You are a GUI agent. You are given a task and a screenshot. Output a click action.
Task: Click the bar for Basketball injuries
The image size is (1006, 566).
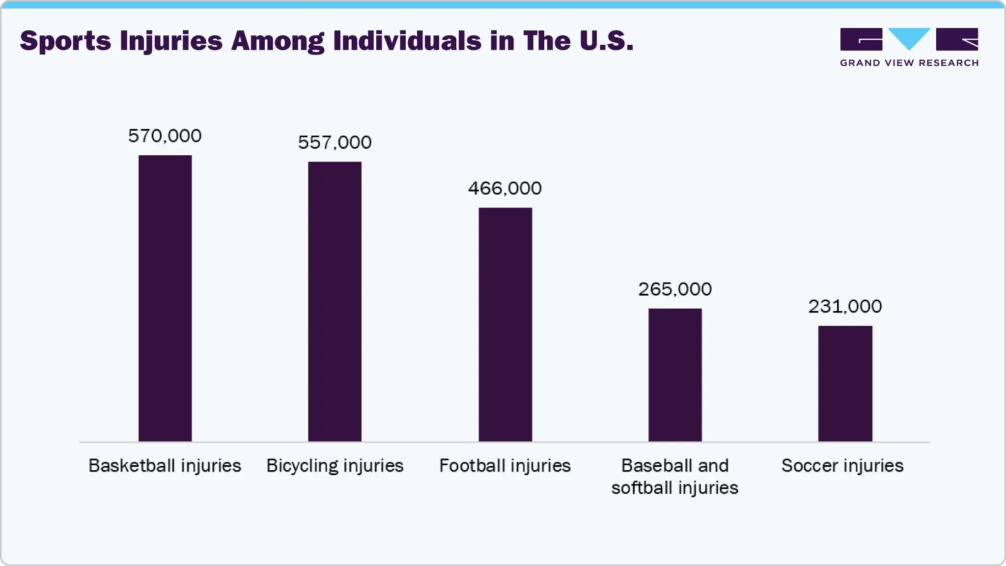[x=165, y=298]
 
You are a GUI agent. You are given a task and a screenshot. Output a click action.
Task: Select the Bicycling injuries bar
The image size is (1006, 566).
[x=335, y=302]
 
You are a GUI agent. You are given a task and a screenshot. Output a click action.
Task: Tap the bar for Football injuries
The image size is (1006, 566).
[x=505, y=324]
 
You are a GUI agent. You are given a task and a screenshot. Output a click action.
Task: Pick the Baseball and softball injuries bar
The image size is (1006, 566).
[x=675, y=375]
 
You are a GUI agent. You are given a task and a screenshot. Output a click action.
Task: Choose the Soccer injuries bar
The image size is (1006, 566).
[x=845, y=383]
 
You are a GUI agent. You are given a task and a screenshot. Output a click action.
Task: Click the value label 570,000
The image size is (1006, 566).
[x=165, y=136]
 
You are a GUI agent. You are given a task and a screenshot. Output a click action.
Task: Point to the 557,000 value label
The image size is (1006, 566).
[x=335, y=142]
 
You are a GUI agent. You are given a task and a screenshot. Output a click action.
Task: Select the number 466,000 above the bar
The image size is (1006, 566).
[x=505, y=188]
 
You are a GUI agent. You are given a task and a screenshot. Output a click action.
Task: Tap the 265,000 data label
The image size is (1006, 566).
[x=675, y=289]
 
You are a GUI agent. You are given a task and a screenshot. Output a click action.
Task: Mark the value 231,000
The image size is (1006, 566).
[x=845, y=307]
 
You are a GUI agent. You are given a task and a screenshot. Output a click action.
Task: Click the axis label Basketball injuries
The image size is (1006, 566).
[x=165, y=466]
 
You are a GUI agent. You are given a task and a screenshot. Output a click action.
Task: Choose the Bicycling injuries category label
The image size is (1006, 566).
[x=335, y=466]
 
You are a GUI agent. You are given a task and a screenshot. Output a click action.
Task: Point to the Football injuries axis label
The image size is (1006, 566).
[x=505, y=466]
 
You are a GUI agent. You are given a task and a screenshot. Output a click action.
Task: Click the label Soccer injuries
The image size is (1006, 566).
[x=842, y=466]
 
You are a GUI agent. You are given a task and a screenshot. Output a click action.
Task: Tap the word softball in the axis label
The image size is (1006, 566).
[x=642, y=488]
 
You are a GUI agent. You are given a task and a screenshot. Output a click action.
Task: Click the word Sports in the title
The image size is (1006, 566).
[x=65, y=41]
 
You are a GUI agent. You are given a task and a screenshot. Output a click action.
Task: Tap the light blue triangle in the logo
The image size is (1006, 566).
[x=909, y=37]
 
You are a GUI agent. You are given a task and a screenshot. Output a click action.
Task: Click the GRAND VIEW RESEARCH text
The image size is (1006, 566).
[x=909, y=63]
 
